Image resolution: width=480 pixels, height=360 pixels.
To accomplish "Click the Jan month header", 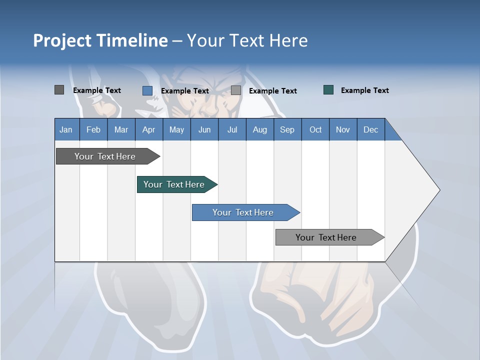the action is click(x=66, y=129).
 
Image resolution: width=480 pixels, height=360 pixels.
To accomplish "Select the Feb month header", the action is click(x=93, y=129).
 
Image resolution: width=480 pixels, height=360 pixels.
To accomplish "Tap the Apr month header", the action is click(x=148, y=129).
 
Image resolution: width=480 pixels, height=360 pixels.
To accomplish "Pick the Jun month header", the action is click(x=204, y=129).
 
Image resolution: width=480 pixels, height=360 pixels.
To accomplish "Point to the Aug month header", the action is click(x=260, y=129).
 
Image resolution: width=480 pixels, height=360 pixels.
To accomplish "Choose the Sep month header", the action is click(x=287, y=129).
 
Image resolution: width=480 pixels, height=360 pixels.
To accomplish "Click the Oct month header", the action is click(x=315, y=129).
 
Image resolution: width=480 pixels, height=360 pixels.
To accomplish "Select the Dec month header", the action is click(x=370, y=129).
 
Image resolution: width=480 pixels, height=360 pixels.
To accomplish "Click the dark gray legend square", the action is click(x=59, y=90).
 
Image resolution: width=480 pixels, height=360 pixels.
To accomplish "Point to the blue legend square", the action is click(x=147, y=90).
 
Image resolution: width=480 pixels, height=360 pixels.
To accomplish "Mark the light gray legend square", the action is click(x=236, y=90).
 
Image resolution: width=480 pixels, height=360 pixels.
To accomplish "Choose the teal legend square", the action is click(x=328, y=90).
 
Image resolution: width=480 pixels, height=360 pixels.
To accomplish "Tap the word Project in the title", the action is click(x=62, y=40).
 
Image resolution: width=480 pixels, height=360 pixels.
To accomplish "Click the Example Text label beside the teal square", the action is click(x=364, y=90).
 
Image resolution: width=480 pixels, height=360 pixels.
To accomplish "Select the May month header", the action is click(x=176, y=129).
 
